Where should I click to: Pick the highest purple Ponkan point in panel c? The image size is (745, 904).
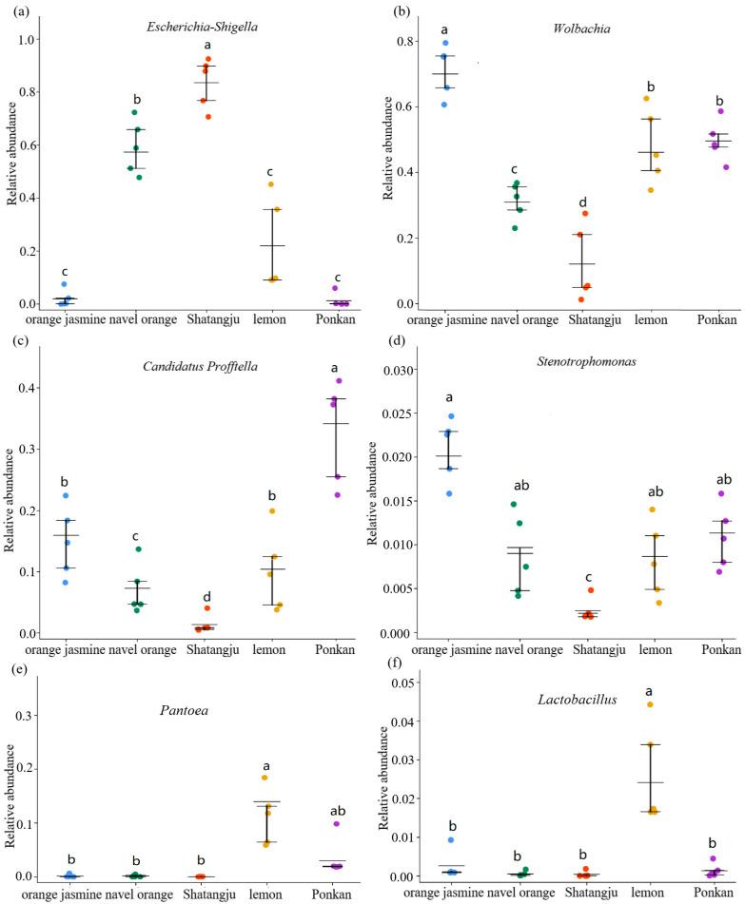pos(337,380)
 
